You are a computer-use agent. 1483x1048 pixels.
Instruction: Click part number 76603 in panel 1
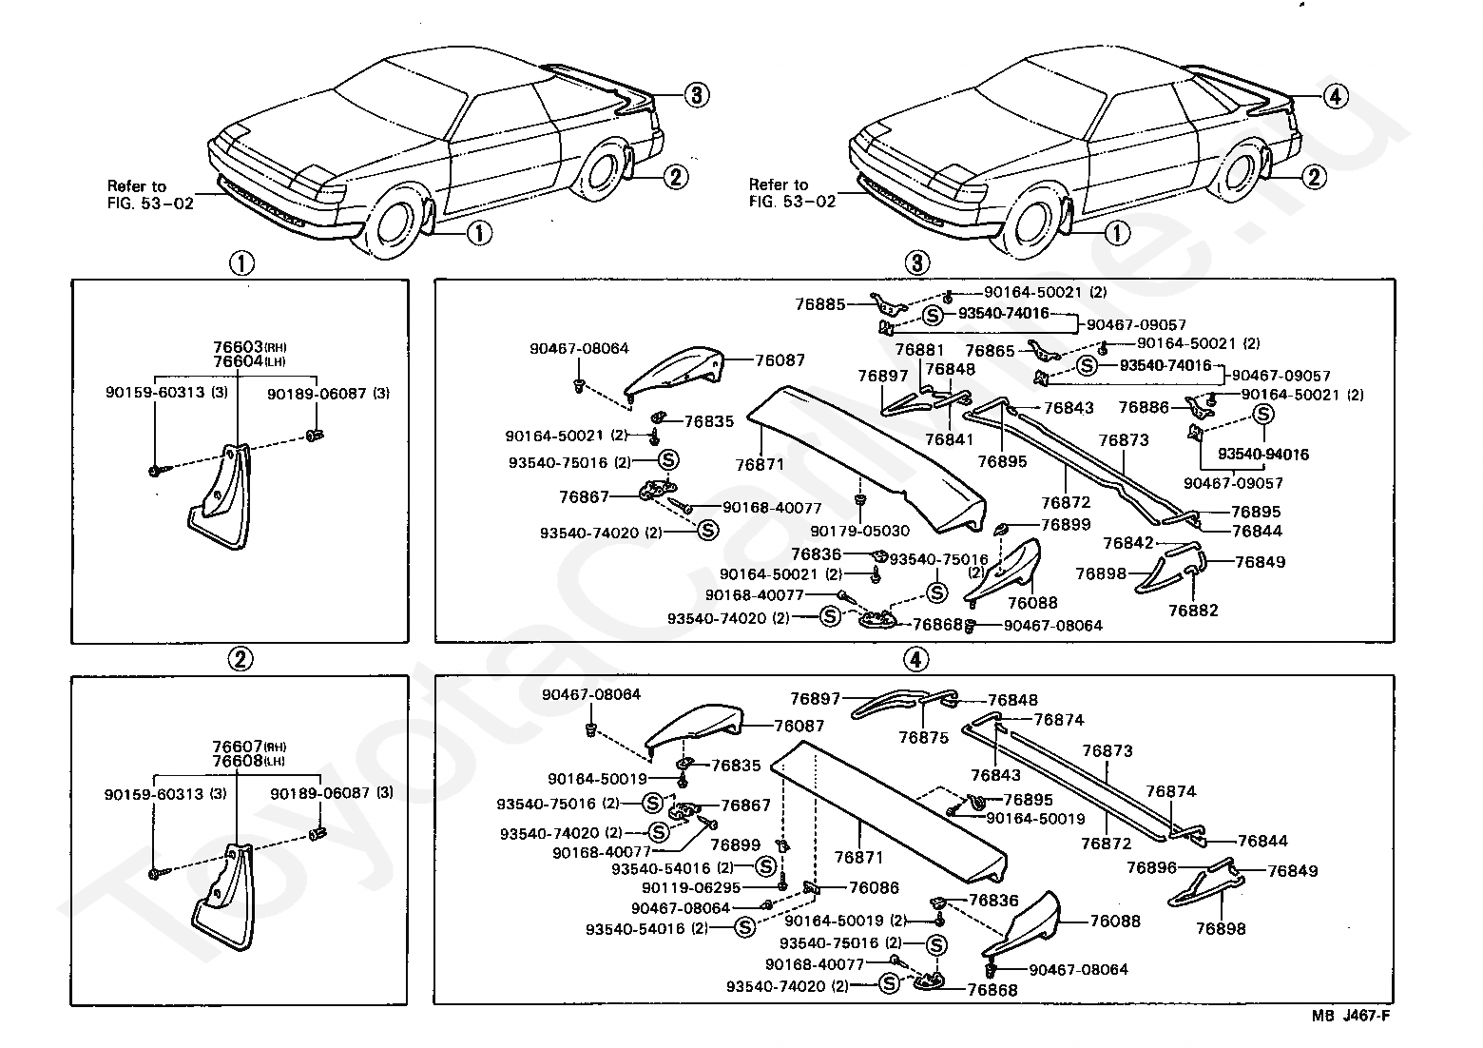(x=238, y=346)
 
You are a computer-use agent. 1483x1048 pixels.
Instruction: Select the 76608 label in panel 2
(x=237, y=761)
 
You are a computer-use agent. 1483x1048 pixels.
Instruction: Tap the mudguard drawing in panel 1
(x=220, y=495)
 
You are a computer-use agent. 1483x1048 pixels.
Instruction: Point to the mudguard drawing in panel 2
(x=223, y=897)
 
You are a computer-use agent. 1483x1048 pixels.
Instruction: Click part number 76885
(x=820, y=304)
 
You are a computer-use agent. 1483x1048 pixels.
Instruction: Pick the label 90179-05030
(x=860, y=531)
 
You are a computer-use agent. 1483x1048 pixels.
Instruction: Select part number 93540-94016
(x=1263, y=454)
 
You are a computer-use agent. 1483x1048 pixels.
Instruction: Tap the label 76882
(x=1193, y=611)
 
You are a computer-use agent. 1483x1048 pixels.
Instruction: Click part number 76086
(x=874, y=887)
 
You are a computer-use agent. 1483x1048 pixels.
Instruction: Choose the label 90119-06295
(x=690, y=887)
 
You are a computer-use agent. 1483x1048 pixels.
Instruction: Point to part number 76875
(x=924, y=737)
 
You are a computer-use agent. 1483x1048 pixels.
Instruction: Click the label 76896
(x=1151, y=867)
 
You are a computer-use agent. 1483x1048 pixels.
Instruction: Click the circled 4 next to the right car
(x=1336, y=97)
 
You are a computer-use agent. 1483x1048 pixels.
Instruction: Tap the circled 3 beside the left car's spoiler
(x=696, y=95)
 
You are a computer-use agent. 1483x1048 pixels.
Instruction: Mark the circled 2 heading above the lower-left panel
(x=241, y=658)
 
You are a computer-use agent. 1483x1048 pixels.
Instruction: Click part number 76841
(x=950, y=439)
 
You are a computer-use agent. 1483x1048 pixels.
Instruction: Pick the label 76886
(x=1144, y=407)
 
